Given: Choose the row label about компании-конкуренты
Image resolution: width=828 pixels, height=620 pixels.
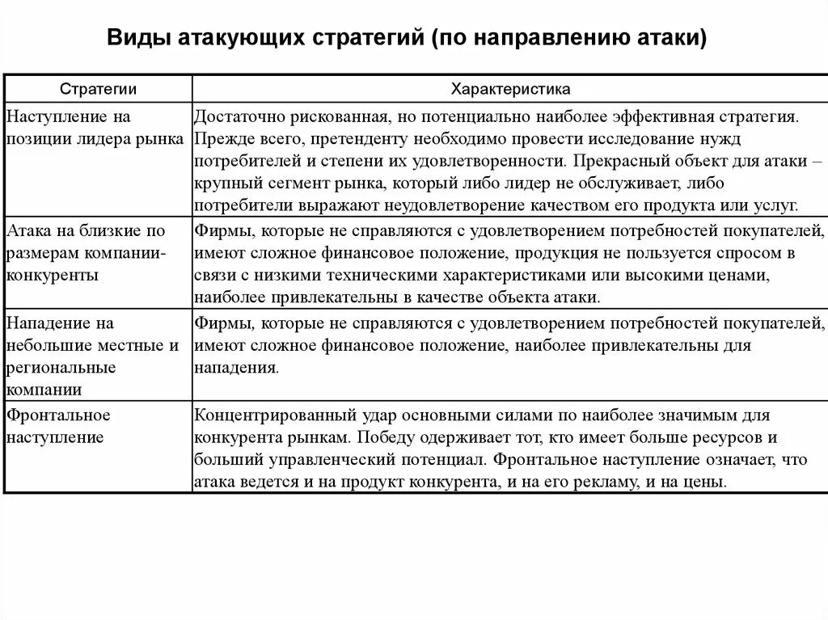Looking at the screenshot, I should (x=87, y=253).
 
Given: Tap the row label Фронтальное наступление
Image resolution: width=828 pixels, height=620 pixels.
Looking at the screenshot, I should (x=58, y=426).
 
